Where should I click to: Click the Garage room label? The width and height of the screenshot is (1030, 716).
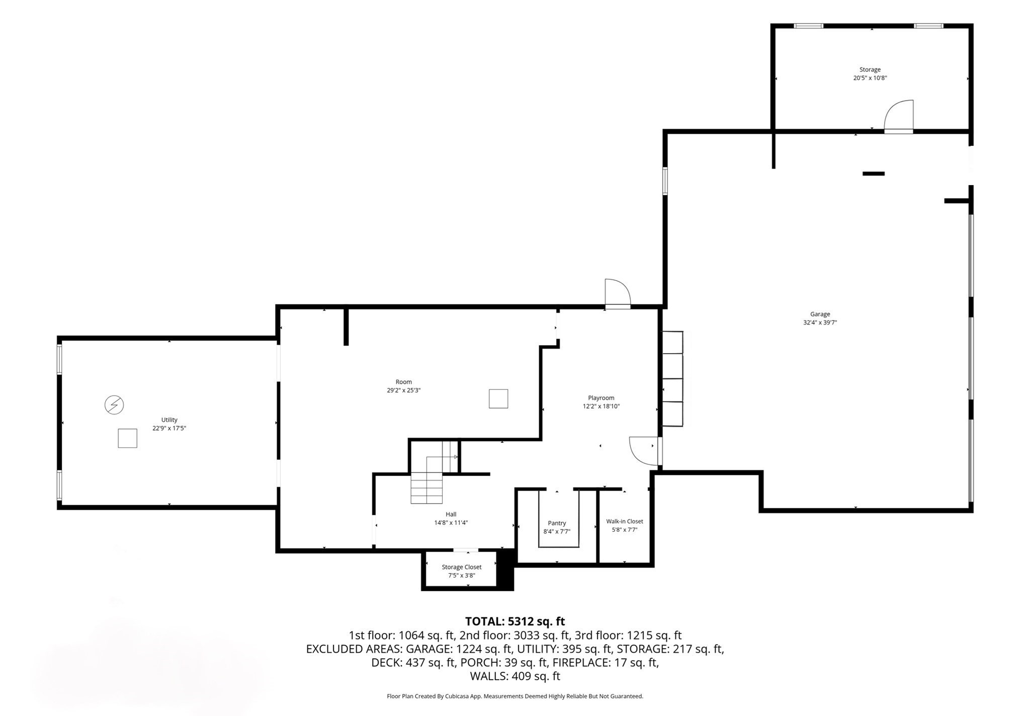coord(820,314)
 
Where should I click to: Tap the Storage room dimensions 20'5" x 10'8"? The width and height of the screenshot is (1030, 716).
coord(870,78)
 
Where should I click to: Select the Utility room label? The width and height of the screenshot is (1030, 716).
coord(169,420)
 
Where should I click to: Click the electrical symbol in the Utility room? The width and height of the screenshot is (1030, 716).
coord(114,405)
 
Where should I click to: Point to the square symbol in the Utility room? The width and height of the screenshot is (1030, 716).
coord(127,438)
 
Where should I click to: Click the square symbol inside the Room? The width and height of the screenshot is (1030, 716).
coord(498,399)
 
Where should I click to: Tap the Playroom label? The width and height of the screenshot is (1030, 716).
coord(601,397)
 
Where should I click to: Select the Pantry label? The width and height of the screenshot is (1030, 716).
coord(557,523)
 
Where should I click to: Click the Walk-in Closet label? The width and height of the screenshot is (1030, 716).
coord(625,521)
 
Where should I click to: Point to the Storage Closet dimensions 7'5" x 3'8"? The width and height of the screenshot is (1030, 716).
coord(461,576)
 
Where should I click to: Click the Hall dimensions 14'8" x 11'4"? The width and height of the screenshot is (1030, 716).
coord(451,523)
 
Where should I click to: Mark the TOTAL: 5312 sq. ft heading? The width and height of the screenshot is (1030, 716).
coord(515,621)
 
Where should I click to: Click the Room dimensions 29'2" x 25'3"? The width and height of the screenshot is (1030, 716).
coord(403,390)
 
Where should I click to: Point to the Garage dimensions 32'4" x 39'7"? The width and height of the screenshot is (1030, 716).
coord(820,323)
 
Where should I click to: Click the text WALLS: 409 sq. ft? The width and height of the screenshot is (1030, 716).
coord(515,676)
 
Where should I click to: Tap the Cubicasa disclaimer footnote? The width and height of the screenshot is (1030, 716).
coord(515,696)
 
